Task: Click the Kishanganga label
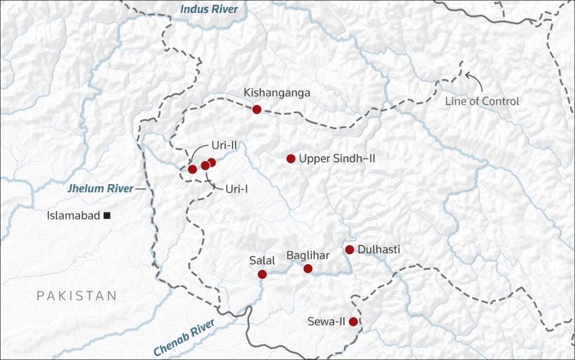pyautogui.click(x=277, y=93)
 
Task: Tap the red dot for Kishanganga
pyautogui.click(x=256, y=109)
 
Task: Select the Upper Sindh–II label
pyautogui.click(x=336, y=158)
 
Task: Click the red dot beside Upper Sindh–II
pyautogui.click(x=290, y=159)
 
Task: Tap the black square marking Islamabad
pyautogui.click(x=107, y=216)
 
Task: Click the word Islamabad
pyautogui.click(x=73, y=216)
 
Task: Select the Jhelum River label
pyautogui.click(x=100, y=189)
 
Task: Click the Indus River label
pyautogui.click(x=209, y=9)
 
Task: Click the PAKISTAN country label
pyautogui.click(x=77, y=295)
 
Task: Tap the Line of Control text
pyautogui.click(x=482, y=102)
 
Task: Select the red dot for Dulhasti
pyautogui.click(x=349, y=250)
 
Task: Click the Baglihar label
pyautogui.click(x=308, y=255)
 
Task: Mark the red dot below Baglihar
pyautogui.click(x=308, y=268)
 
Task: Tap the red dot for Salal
pyautogui.click(x=262, y=274)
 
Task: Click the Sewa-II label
pyautogui.click(x=327, y=322)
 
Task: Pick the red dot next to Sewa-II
pyautogui.click(x=353, y=322)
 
